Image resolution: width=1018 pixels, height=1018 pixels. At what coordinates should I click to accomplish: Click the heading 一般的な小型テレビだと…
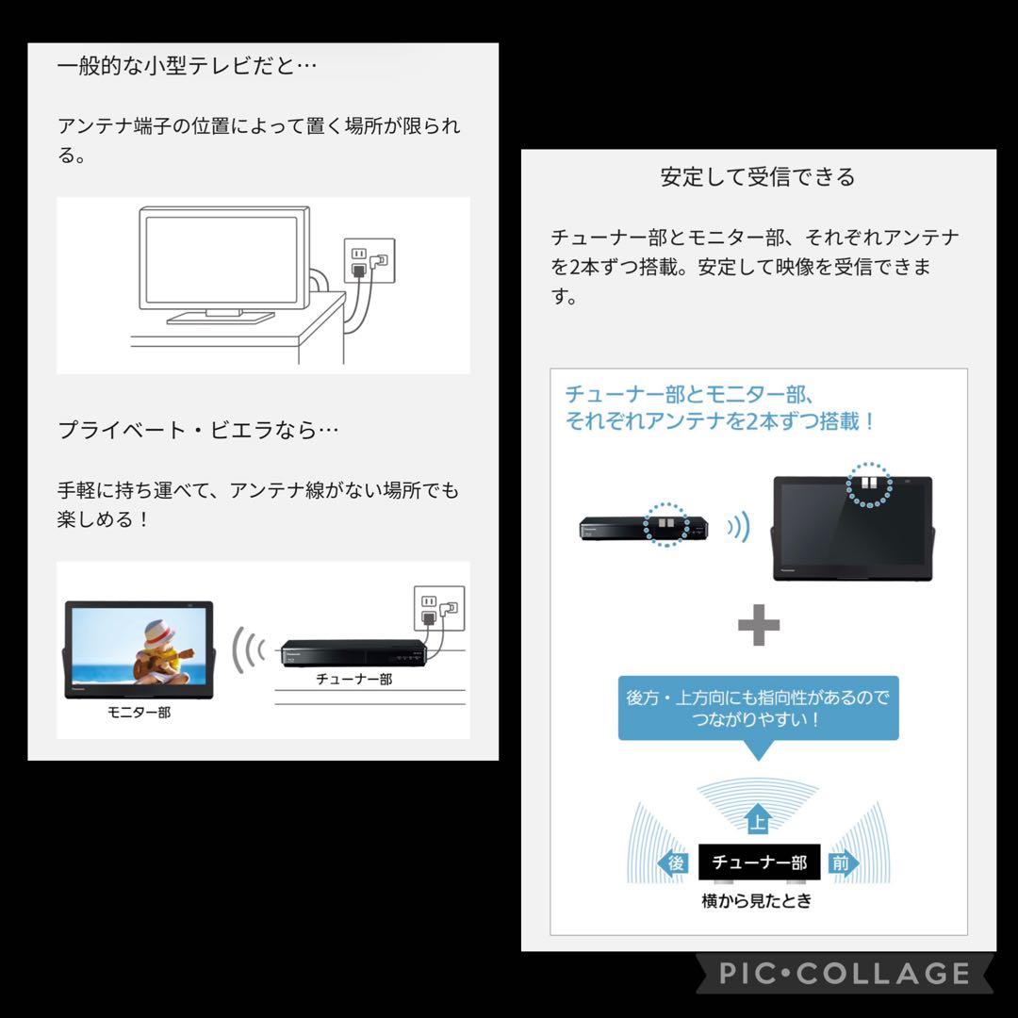(x=188, y=67)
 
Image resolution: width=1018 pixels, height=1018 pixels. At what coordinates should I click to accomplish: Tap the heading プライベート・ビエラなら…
(x=198, y=430)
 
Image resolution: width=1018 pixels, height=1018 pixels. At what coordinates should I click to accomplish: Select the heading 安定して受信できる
(x=758, y=177)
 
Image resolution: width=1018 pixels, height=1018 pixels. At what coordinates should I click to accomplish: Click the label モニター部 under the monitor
(x=139, y=713)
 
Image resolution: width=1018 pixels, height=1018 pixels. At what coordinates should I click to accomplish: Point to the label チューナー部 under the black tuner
(x=353, y=679)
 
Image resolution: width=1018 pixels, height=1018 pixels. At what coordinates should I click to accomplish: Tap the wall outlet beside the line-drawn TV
(x=368, y=262)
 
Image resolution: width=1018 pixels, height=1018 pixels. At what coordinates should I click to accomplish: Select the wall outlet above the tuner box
(x=439, y=609)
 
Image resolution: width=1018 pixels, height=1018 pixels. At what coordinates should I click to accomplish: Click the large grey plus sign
(x=758, y=625)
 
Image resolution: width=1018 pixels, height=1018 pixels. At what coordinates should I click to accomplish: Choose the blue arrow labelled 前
(x=843, y=863)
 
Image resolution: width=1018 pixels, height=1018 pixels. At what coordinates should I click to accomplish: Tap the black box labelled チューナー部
(x=759, y=862)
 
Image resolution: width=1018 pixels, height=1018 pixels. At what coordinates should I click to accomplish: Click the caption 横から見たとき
(x=756, y=901)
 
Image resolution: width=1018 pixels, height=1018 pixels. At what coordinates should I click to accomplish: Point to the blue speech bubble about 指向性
(x=758, y=708)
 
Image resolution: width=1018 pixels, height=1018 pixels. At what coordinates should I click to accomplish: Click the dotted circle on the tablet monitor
(x=867, y=484)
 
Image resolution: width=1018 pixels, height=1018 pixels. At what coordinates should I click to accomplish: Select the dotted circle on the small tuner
(x=665, y=523)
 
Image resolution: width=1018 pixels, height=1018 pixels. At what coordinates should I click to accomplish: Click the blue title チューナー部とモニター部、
(x=689, y=394)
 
